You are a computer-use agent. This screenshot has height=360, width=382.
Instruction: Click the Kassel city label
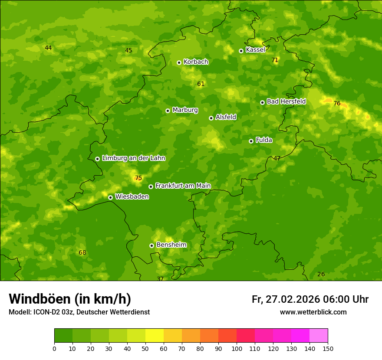[x=255, y=50]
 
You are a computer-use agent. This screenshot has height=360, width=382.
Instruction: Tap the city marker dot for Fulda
[x=251, y=141]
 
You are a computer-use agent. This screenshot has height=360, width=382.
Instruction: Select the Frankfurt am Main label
[x=183, y=186]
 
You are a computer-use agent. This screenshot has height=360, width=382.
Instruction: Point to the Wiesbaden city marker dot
[x=110, y=197]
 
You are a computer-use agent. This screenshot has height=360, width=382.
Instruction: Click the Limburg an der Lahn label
[x=133, y=158]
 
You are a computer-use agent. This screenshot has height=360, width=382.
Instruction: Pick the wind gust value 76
[x=337, y=103]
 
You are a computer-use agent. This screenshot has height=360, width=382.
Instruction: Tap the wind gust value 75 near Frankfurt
[x=138, y=178]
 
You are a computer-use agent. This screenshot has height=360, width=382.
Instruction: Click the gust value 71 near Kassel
[x=275, y=60]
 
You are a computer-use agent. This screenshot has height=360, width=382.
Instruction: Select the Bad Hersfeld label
[x=286, y=101]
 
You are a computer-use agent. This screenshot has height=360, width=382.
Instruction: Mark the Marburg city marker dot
[x=168, y=111]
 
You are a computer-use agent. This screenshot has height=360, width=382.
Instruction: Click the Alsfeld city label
[x=226, y=117]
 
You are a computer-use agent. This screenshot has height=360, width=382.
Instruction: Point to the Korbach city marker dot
[x=179, y=62]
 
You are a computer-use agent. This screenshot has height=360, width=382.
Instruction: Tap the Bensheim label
[x=171, y=245]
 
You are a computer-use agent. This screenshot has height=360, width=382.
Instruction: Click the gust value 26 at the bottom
[x=321, y=274]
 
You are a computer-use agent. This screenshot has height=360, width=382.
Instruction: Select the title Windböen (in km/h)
[x=70, y=299]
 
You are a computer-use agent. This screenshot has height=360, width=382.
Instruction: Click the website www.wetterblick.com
[x=313, y=312]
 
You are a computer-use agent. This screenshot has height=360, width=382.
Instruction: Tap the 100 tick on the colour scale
[x=237, y=348]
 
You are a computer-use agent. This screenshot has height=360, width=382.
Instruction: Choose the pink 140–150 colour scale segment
[x=319, y=336]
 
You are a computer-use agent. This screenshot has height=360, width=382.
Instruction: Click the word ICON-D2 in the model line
[x=46, y=312]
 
